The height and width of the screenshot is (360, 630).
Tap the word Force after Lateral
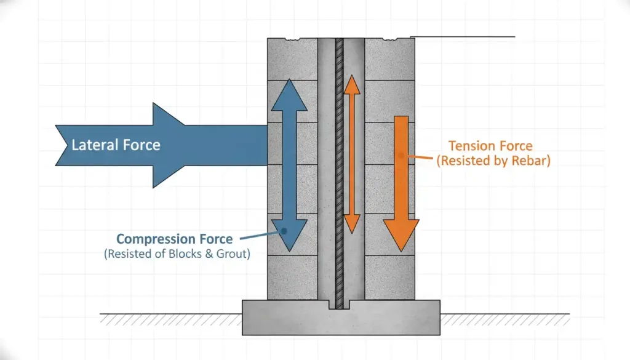click(140, 145)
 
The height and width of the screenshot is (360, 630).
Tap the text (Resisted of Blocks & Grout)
click(177, 253)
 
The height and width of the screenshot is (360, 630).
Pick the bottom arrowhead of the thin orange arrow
click(351, 225)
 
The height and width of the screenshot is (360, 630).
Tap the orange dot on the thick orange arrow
click(401, 156)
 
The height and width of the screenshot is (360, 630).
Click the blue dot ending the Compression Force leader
click(284, 231)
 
